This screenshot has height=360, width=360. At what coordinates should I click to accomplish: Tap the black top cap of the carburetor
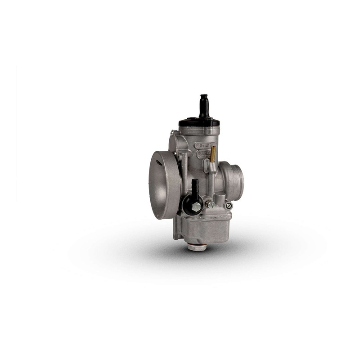[199, 122]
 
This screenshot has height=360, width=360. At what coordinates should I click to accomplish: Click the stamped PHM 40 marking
[205, 145]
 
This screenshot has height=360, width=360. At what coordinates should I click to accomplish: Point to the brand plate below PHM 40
[203, 153]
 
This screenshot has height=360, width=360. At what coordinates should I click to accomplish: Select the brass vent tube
[212, 154]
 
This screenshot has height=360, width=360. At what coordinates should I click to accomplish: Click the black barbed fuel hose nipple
[195, 187]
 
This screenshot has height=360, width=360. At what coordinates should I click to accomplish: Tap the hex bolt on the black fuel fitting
[196, 207]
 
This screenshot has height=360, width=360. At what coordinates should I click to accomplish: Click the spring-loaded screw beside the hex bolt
[209, 204]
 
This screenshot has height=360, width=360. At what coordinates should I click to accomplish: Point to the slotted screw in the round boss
[229, 206]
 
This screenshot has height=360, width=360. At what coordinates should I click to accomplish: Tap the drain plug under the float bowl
[197, 247]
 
